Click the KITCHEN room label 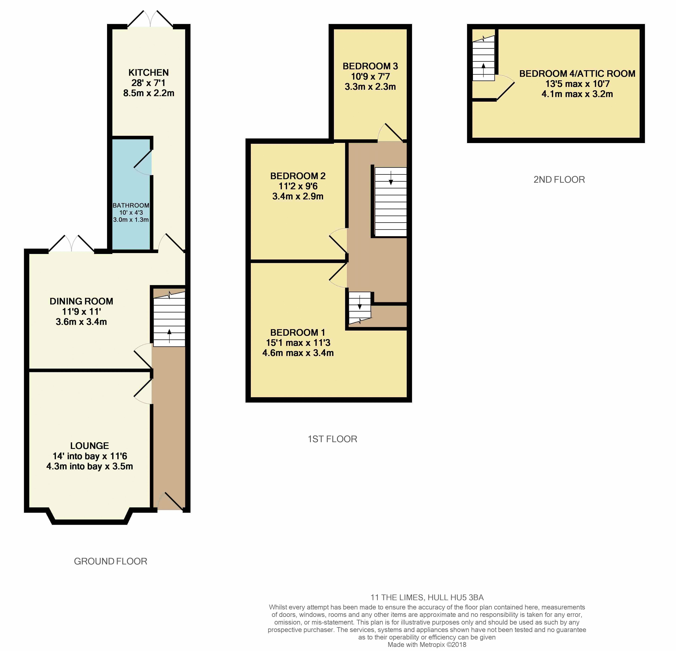click(149, 73)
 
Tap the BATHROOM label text click(131, 205)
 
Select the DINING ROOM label click(81, 301)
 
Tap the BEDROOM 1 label click(298, 333)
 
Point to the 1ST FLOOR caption click(332, 439)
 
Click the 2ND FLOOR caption click(559, 180)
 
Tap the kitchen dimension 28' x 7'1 click(149, 83)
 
